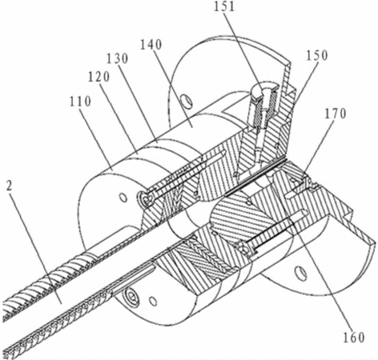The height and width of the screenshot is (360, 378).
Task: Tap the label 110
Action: (x=80, y=102)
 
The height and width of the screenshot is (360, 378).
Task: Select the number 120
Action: (x=99, y=77)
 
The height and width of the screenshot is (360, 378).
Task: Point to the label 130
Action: (x=118, y=58)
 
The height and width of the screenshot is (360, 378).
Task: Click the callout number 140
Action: (x=151, y=45)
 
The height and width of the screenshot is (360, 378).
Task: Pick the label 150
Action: (x=317, y=55)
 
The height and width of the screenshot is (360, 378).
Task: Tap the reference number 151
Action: (x=224, y=6)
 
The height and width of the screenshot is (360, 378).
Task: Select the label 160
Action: (x=354, y=338)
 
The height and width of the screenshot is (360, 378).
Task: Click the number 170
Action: (x=336, y=114)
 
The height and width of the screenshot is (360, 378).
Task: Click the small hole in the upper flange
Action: (x=186, y=101)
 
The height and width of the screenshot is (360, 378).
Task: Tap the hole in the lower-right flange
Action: (x=300, y=274)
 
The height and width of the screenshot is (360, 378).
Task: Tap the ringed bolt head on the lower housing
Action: (x=131, y=296)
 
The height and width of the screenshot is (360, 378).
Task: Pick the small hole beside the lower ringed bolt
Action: (x=153, y=301)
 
